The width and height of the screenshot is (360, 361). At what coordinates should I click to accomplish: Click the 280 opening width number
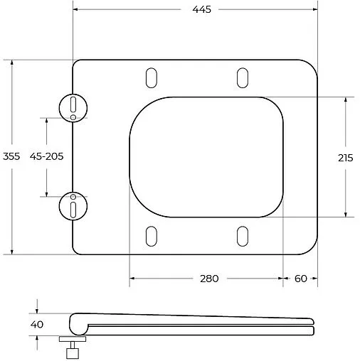(x=208, y=278)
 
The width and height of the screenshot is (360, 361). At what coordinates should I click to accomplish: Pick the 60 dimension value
(x=300, y=278)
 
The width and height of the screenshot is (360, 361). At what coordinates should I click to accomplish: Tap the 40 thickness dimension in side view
(x=38, y=324)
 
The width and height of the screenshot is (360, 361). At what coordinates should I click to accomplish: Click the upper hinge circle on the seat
(x=73, y=106)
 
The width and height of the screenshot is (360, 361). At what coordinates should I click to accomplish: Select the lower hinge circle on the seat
(x=73, y=205)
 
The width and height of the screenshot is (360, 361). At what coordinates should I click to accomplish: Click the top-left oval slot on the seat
(x=151, y=77)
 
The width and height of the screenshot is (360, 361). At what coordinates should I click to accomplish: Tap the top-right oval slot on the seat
(x=242, y=77)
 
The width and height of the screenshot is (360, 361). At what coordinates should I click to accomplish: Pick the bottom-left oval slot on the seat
(x=151, y=236)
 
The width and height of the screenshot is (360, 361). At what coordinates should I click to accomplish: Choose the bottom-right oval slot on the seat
(x=242, y=236)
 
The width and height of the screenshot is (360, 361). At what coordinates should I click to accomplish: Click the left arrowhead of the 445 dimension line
(x=76, y=11)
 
